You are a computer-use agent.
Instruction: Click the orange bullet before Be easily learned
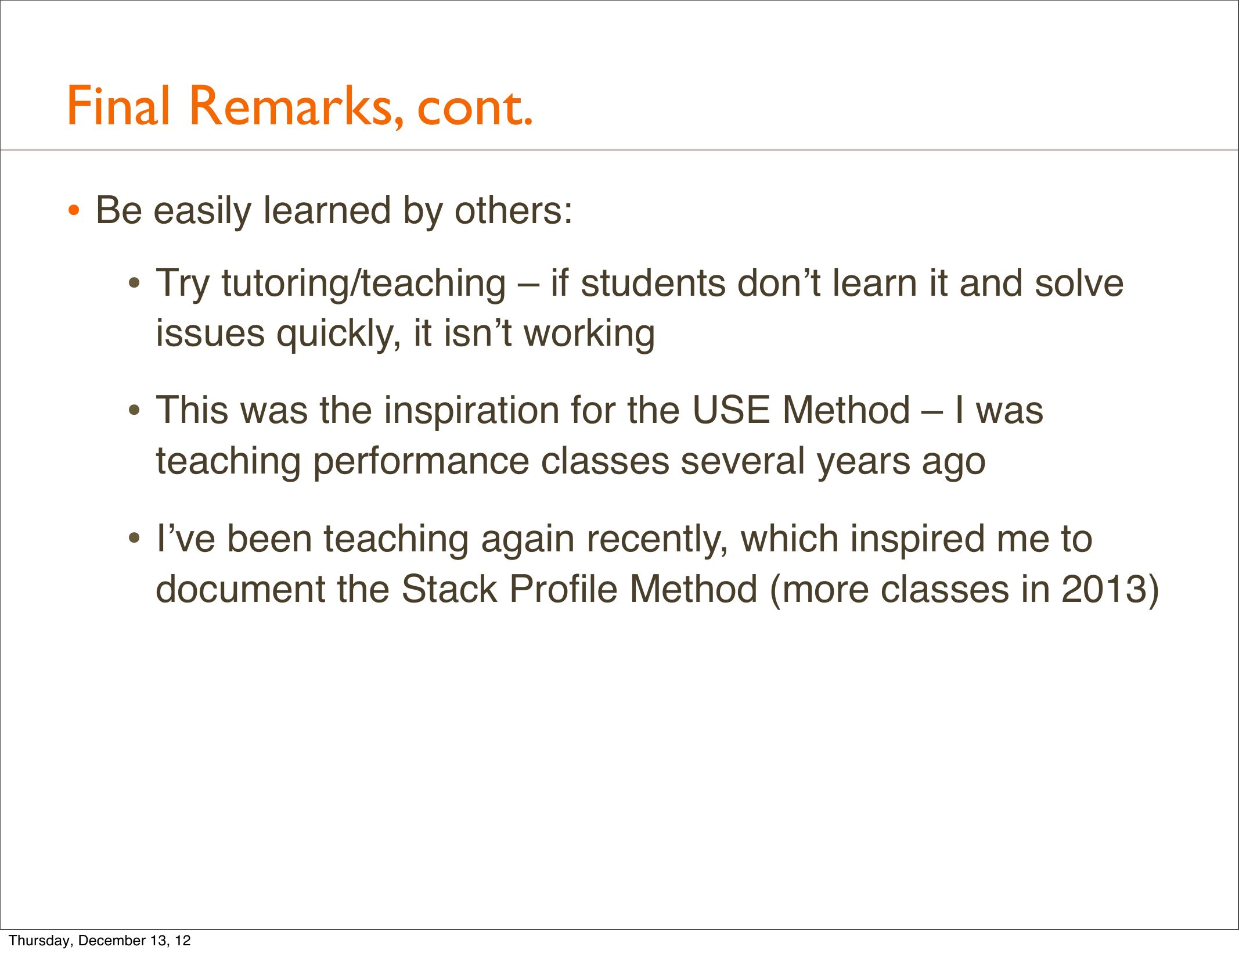[74, 211]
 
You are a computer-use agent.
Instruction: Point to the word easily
[201, 211]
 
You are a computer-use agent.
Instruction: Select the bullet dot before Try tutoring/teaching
[134, 285]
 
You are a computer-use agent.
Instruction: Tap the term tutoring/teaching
[363, 284]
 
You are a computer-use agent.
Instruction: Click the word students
[653, 284]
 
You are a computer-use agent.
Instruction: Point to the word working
[589, 335]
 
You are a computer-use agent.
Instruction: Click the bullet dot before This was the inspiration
[134, 411]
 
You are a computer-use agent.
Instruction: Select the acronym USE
[731, 410]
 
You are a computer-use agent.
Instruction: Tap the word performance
[421, 462]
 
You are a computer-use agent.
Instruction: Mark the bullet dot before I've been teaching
[134, 539]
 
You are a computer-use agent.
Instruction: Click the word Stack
[449, 589]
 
